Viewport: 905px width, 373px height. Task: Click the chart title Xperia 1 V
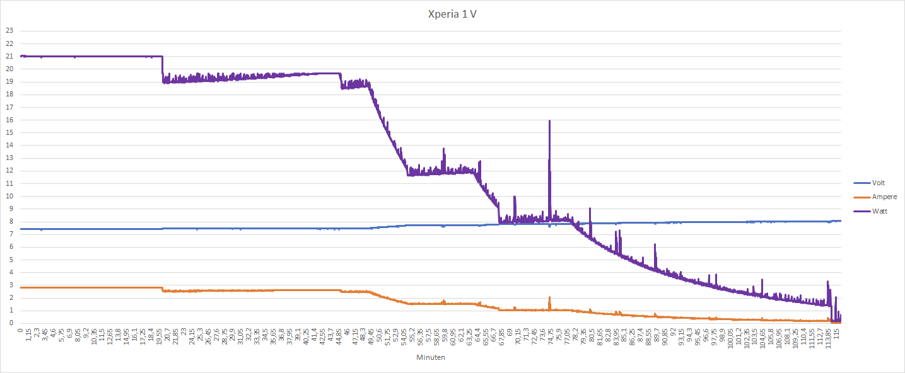452,14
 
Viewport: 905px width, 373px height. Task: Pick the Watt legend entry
879,211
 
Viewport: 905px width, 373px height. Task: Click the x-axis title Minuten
431,357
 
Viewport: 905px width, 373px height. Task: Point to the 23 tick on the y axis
9,30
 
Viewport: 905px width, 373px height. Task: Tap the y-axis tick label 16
9,120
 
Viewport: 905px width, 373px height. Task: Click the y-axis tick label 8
10,222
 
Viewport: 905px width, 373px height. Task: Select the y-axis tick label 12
9,171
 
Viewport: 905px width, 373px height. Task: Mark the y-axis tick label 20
9,69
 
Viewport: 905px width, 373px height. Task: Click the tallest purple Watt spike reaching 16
550,122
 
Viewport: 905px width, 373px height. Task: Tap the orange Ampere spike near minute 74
549,298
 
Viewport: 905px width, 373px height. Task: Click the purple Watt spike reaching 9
590,209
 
